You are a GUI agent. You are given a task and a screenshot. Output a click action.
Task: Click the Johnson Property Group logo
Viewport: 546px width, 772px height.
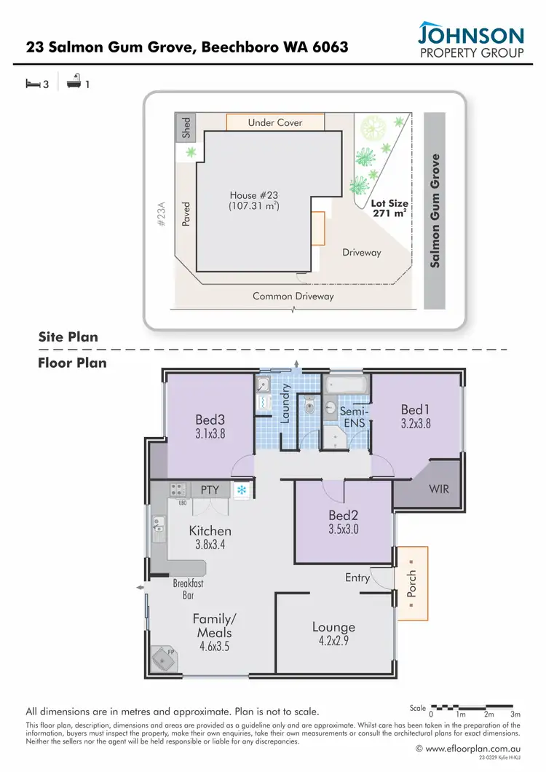point(470,41)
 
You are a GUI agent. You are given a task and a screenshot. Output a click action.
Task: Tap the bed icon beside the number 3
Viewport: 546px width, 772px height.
point(32,84)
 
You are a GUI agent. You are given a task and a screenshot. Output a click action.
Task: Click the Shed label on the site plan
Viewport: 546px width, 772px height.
point(186,127)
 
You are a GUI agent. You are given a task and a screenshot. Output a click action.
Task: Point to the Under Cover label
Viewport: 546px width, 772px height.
point(274,122)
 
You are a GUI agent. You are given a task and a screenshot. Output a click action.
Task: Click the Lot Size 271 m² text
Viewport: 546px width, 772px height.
point(389,210)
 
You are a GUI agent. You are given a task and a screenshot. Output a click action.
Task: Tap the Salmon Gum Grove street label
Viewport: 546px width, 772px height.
point(435,210)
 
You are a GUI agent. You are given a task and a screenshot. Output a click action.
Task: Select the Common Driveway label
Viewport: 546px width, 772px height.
point(293,296)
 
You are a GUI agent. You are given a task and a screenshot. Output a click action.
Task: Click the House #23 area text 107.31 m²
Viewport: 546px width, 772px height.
point(253,207)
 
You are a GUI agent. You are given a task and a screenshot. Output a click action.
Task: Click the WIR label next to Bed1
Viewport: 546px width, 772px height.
point(439,489)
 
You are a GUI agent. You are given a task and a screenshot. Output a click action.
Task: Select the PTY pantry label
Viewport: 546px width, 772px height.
point(210,490)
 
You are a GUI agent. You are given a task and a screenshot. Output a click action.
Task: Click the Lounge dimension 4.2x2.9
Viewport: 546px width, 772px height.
point(333,642)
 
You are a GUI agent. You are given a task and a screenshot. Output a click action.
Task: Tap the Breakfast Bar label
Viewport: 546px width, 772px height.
point(187,589)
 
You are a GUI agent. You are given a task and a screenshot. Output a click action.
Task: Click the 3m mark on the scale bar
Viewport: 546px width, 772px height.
point(516,715)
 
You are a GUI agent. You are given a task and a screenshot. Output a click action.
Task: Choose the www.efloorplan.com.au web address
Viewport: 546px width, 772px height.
point(472,748)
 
